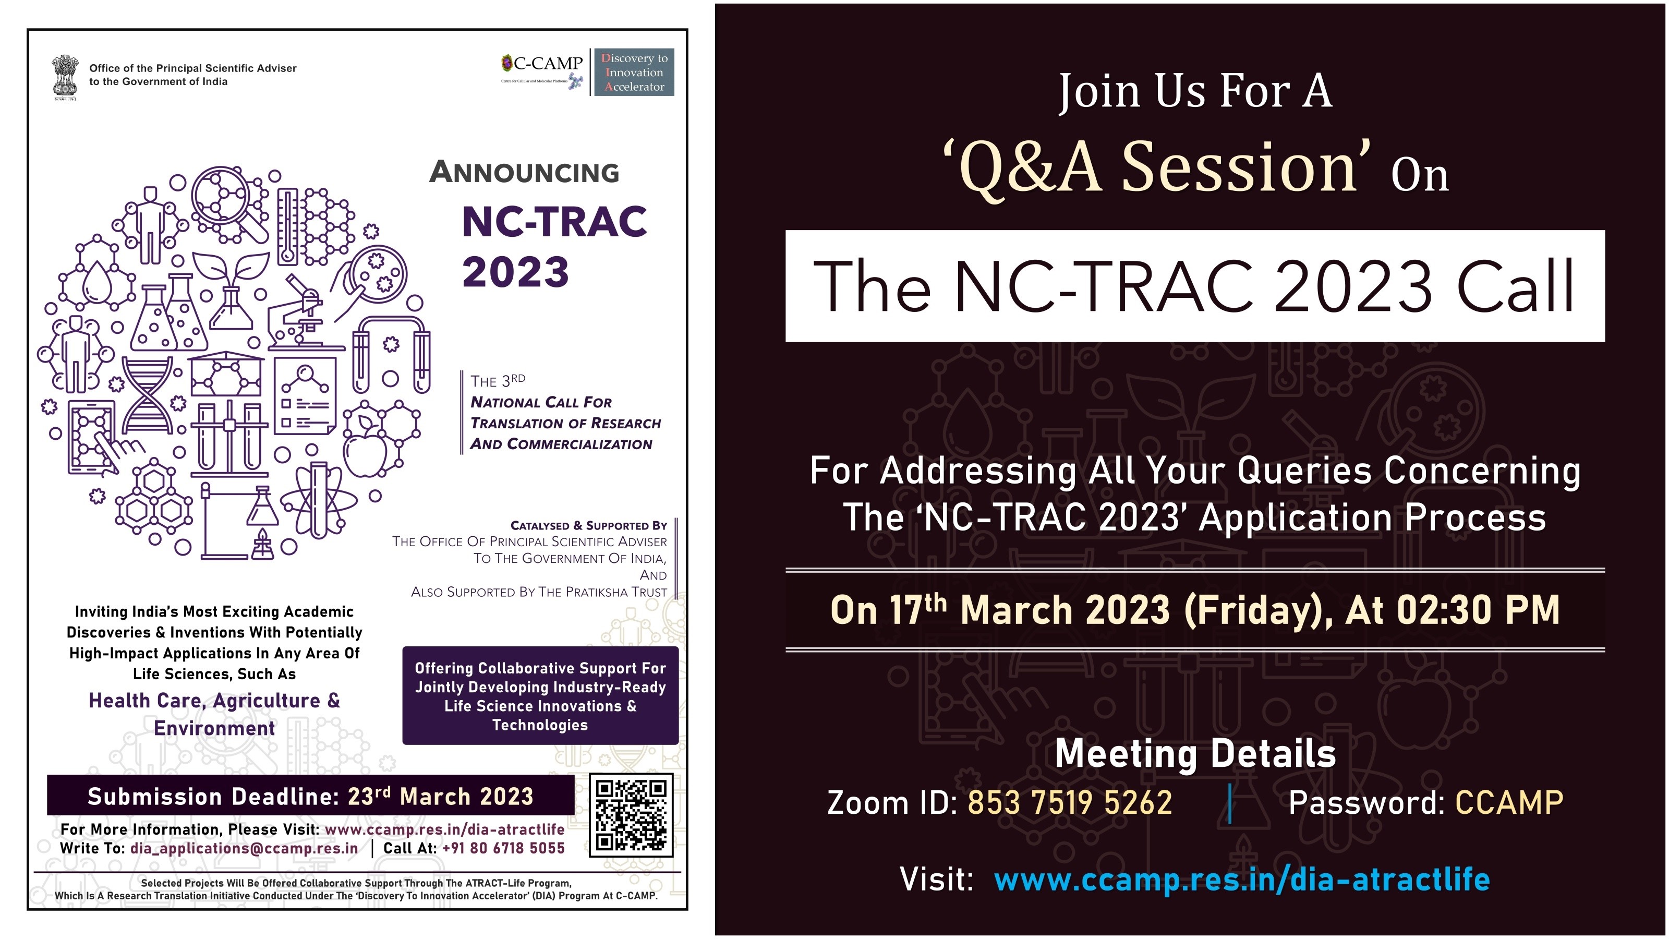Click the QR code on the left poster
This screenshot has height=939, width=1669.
click(631, 814)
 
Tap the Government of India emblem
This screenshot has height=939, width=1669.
click(64, 78)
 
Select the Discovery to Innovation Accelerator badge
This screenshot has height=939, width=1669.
click(634, 72)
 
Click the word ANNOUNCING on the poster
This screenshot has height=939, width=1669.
click(524, 172)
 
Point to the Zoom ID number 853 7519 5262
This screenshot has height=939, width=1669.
click(1070, 802)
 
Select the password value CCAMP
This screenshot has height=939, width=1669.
click(1509, 802)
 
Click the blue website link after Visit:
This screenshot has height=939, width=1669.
click(1242, 880)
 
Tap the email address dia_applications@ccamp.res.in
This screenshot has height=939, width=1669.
click(244, 848)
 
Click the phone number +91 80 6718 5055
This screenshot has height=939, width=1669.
click(503, 848)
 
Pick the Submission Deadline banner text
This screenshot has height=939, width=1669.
click(310, 796)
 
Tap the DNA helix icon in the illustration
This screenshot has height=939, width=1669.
click(148, 395)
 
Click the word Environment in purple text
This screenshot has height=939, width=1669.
click(214, 728)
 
